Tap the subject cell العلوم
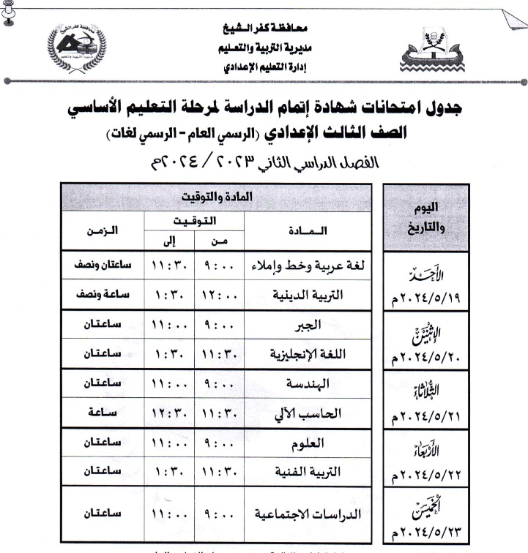point(308,443)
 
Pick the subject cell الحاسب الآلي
point(308,413)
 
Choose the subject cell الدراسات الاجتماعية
point(308,514)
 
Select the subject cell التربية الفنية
point(308,473)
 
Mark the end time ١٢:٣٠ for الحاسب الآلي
point(168,413)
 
